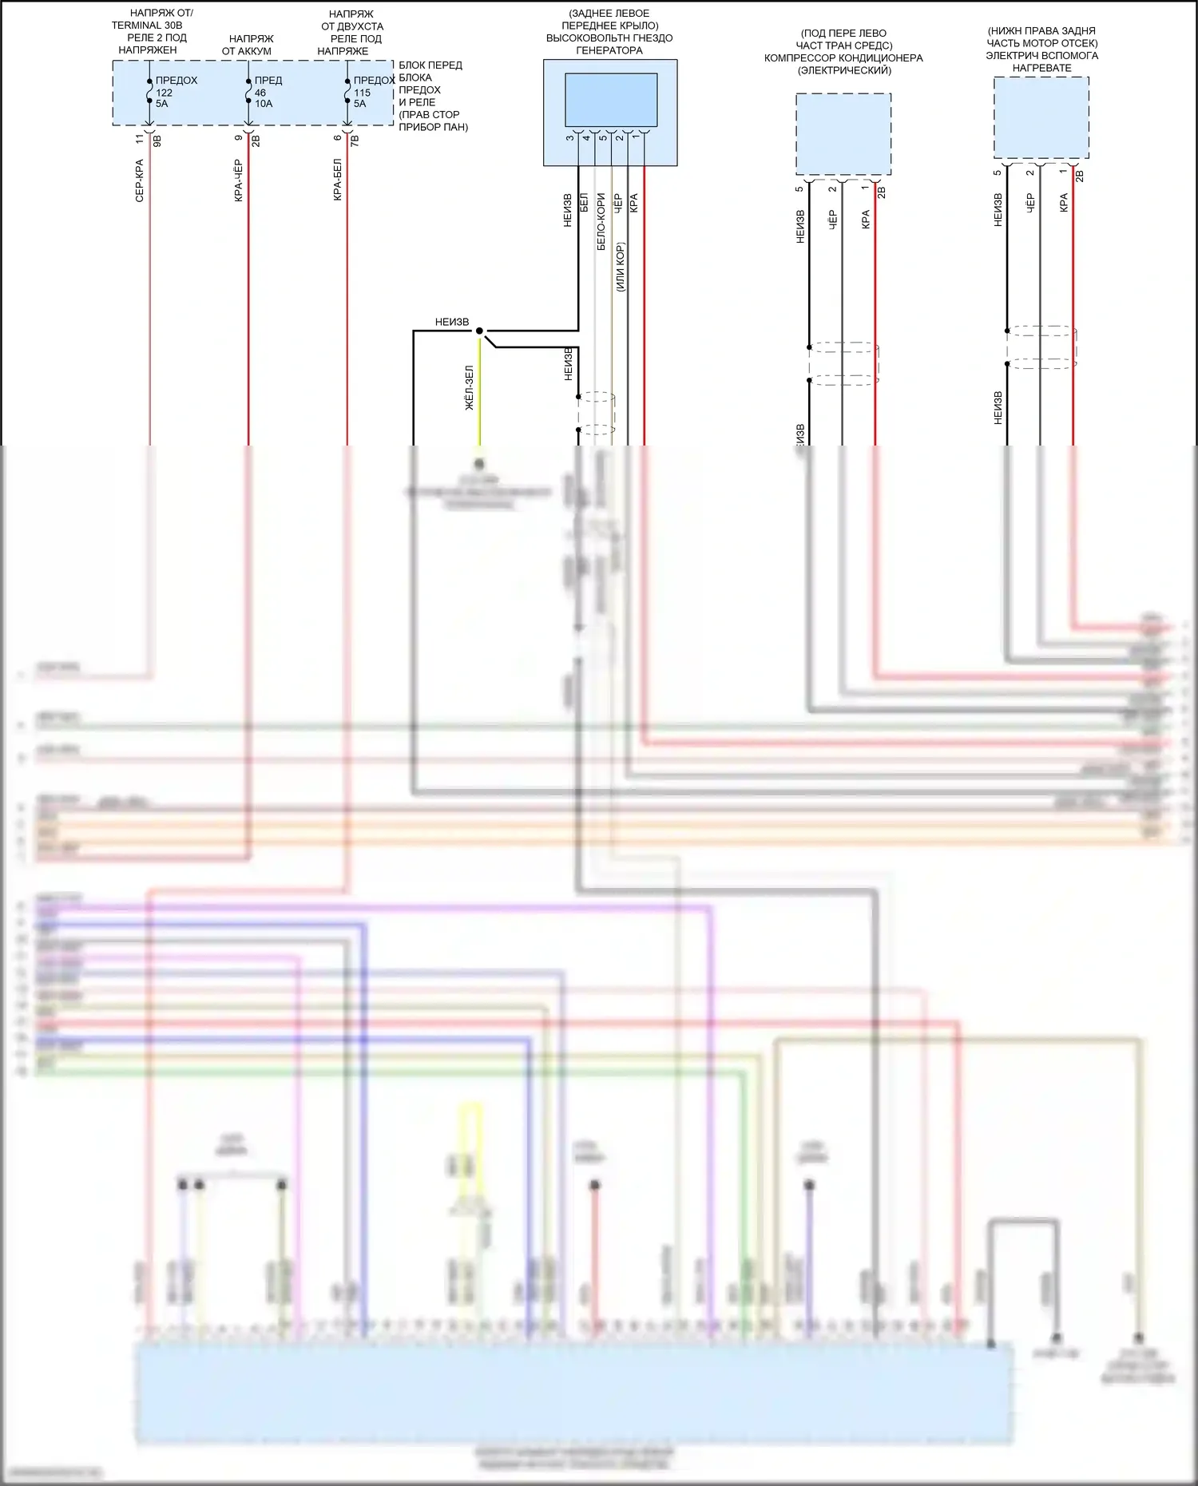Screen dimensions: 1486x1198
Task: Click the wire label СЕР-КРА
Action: coord(140,180)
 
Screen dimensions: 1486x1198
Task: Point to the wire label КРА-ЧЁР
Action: coord(239,180)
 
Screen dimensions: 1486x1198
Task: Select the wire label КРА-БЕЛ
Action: coord(338,180)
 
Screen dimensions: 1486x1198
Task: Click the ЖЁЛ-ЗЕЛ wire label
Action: coord(470,388)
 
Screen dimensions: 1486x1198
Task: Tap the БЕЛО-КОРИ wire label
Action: coord(601,221)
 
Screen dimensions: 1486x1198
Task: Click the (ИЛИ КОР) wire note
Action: coord(620,267)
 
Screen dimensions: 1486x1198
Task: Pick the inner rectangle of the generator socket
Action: coord(611,100)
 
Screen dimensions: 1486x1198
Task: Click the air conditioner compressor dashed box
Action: coord(843,134)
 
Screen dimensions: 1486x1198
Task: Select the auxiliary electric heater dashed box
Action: coord(1041,117)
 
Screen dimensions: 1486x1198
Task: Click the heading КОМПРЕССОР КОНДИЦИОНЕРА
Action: coord(843,58)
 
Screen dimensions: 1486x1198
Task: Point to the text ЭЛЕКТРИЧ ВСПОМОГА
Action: coord(1041,56)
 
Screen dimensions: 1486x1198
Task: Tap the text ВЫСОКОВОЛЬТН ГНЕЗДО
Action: coord(609,38)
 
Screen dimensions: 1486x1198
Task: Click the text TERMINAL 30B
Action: coord(147,26)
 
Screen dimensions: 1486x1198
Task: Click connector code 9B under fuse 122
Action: coord(157,141)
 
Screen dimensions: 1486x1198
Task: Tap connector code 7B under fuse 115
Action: coord(355,141)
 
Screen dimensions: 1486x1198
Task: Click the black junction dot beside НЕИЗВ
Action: coord(479,331)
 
